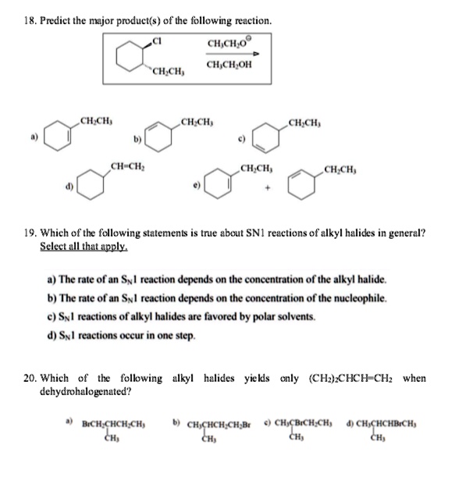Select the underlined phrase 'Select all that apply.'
click(x=84, y=246)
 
